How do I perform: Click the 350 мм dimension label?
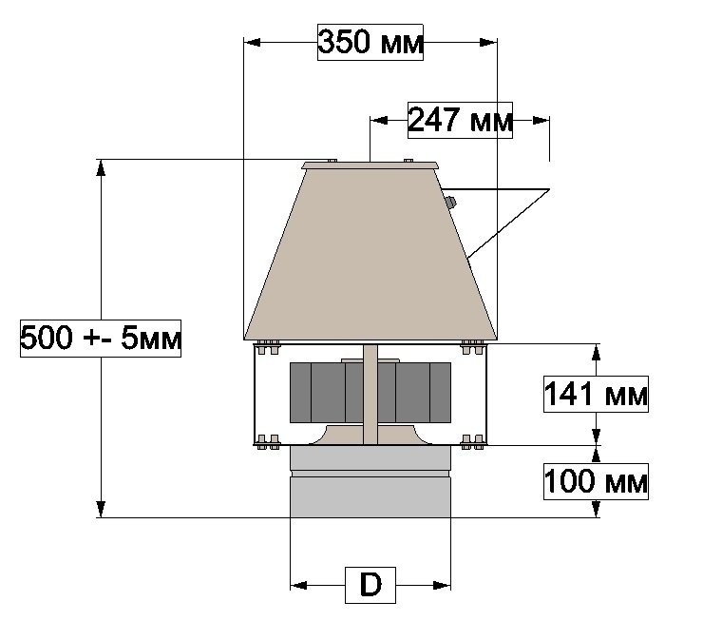(x=370, y=42)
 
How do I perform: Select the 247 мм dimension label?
(x=460, y=120)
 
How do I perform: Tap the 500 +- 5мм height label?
(x=101, y=339)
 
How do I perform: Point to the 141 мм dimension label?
(x=596, y=394)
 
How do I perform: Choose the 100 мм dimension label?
(x=596, y=481)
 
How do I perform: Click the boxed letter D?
(x=370, y=585)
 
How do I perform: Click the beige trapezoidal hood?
(x=370, y=255)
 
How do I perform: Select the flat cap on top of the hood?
(x=370, y=165)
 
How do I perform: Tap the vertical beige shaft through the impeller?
(x=370, y=395)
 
